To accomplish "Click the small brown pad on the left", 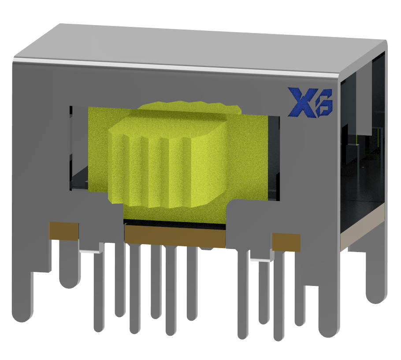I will (64, 231).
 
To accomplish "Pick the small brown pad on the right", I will (286, 242).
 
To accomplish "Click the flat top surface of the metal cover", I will (207, 46).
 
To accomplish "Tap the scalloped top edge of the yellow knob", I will (189, 104).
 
